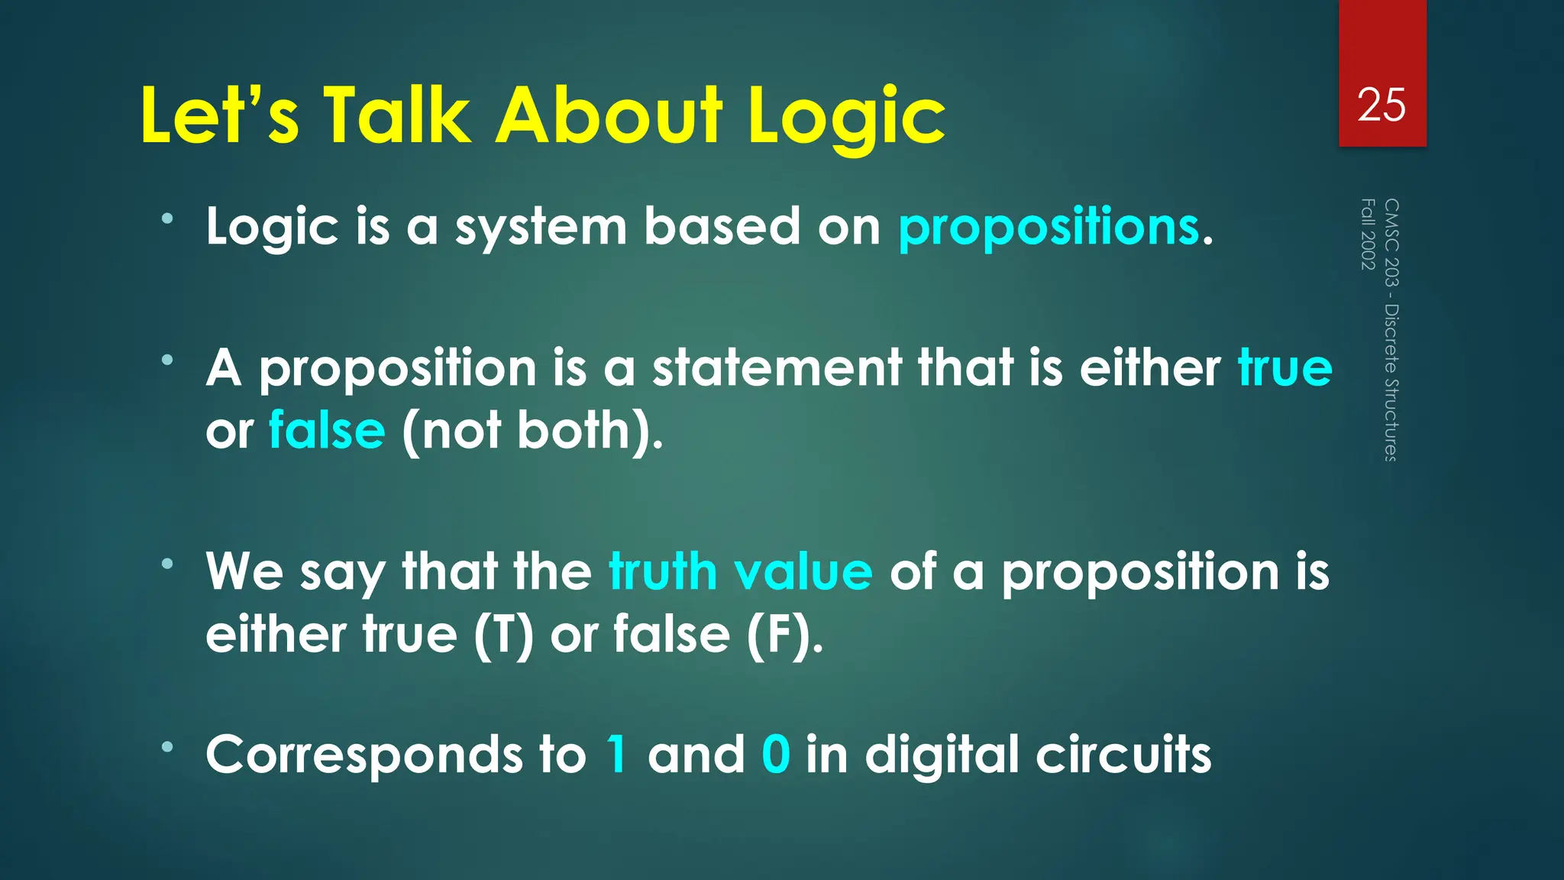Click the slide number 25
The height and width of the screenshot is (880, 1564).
click(1381, 105)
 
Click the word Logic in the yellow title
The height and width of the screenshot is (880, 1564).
click(846, 116)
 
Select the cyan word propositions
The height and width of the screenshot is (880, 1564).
click(1049, 228)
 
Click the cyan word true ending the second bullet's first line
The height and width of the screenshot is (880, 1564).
click(1284, 368)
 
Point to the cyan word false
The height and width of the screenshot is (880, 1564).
click(327, 430)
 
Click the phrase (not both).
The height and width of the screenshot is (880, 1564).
click(532, 431)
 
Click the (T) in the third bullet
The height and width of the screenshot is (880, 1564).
click(502, 635)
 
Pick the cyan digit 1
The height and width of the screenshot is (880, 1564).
click(617, 755)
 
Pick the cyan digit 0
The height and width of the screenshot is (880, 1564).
click(775, 755)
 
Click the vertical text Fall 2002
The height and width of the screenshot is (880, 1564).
click(1368, 234)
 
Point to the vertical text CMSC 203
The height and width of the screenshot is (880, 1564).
click(1391, 242)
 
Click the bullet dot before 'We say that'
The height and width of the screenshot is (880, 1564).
click(167, 565)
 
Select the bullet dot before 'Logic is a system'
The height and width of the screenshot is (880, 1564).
click(167, 219)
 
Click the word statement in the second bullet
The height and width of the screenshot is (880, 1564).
click(777, 368)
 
